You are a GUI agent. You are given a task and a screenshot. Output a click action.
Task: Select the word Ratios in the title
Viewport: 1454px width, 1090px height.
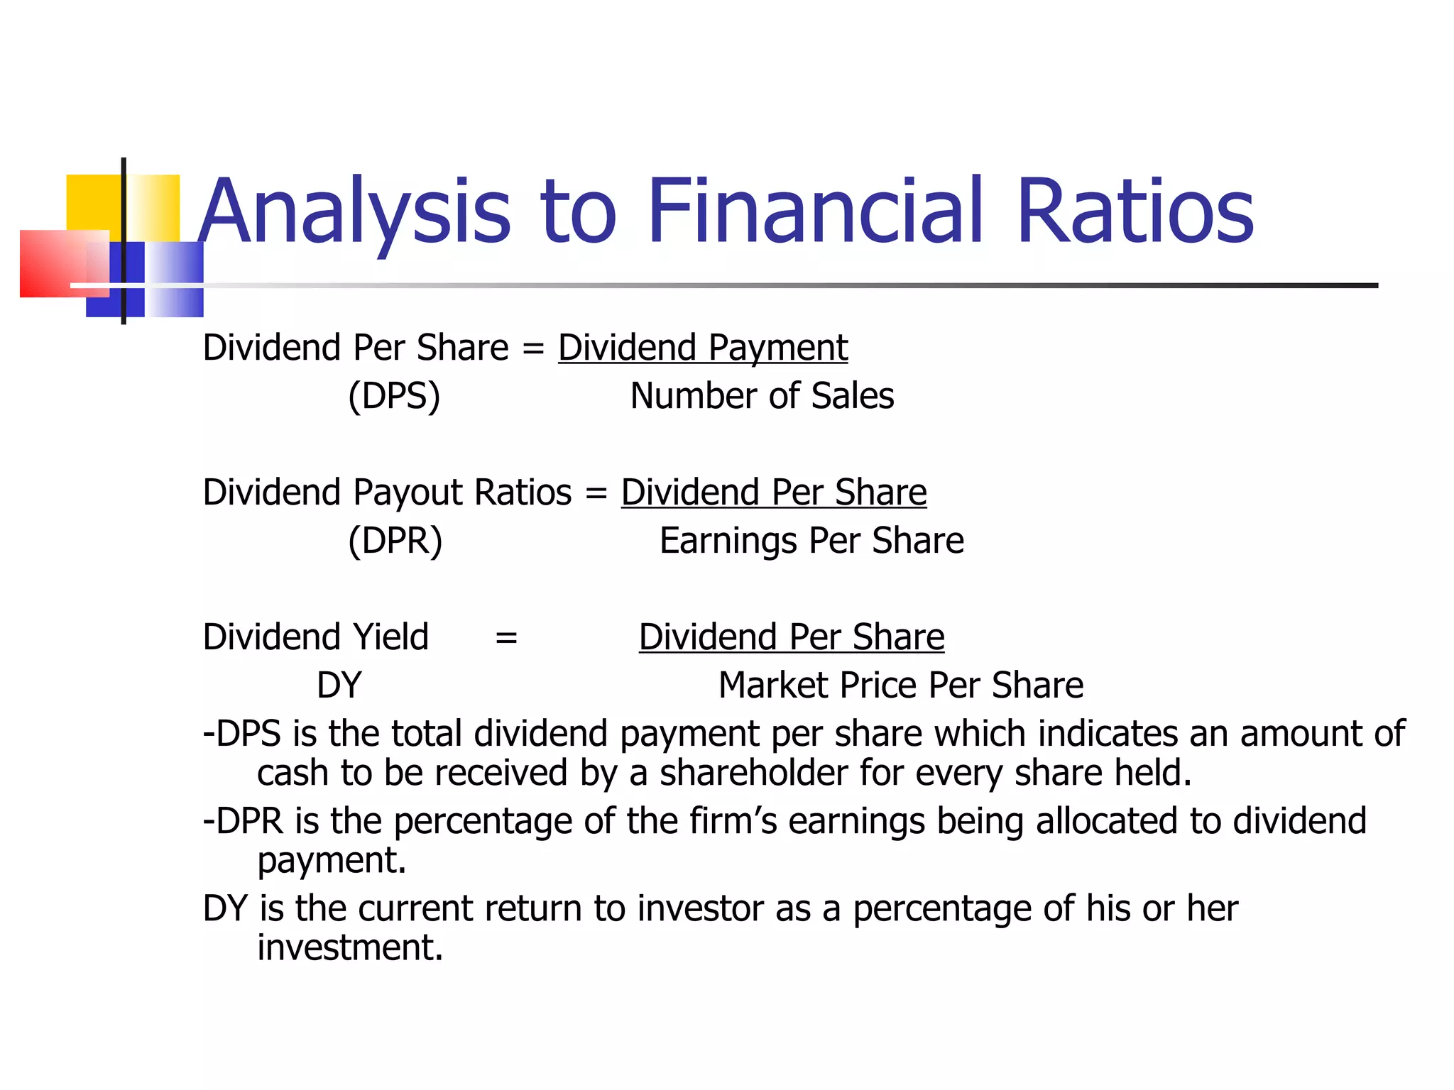(1135, 211)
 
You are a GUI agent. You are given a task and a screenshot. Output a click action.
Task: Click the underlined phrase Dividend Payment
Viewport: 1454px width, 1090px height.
(703, 348)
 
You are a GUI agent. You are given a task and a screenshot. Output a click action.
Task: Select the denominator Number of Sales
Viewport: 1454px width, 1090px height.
(762, 396)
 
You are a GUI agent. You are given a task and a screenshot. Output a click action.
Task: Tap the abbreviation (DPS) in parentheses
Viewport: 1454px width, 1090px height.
(394, 396)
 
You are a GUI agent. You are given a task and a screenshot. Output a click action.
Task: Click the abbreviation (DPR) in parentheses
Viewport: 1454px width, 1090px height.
(395, 541)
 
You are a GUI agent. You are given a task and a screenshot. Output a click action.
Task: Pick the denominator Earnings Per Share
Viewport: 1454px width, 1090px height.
(811, 541)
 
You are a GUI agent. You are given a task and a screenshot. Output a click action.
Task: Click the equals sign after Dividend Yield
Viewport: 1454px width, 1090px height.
(506, 637)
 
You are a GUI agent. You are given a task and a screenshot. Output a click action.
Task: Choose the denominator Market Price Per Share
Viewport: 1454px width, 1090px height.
(900, 686)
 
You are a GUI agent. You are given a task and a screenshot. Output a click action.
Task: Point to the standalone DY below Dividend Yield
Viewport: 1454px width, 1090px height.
(339, 686)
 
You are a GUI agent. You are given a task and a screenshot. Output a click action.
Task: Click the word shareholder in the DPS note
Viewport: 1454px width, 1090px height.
(753, 773)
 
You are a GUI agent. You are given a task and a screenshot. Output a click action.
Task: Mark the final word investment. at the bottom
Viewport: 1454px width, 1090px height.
(350, 948)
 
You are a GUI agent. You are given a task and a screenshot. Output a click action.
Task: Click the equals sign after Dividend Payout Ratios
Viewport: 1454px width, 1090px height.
(596, 492)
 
